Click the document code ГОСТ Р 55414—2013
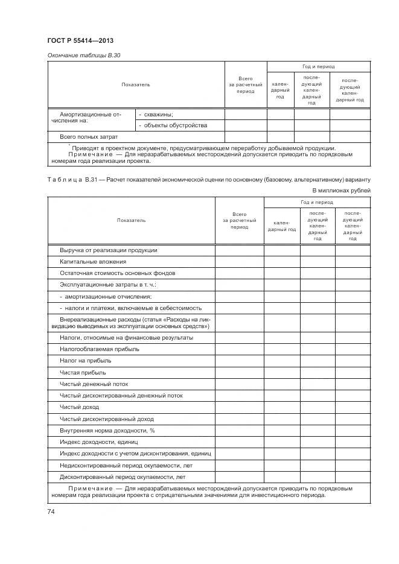tap(80, 40)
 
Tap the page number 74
tap(51, 512)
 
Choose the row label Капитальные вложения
tap(93, 262)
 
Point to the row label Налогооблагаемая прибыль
tap(99, 349)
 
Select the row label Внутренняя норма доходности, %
tap(107, 431)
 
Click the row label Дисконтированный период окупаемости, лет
tap(121, 477)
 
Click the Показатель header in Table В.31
tap(131, 220)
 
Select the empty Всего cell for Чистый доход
tap(239, 407)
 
